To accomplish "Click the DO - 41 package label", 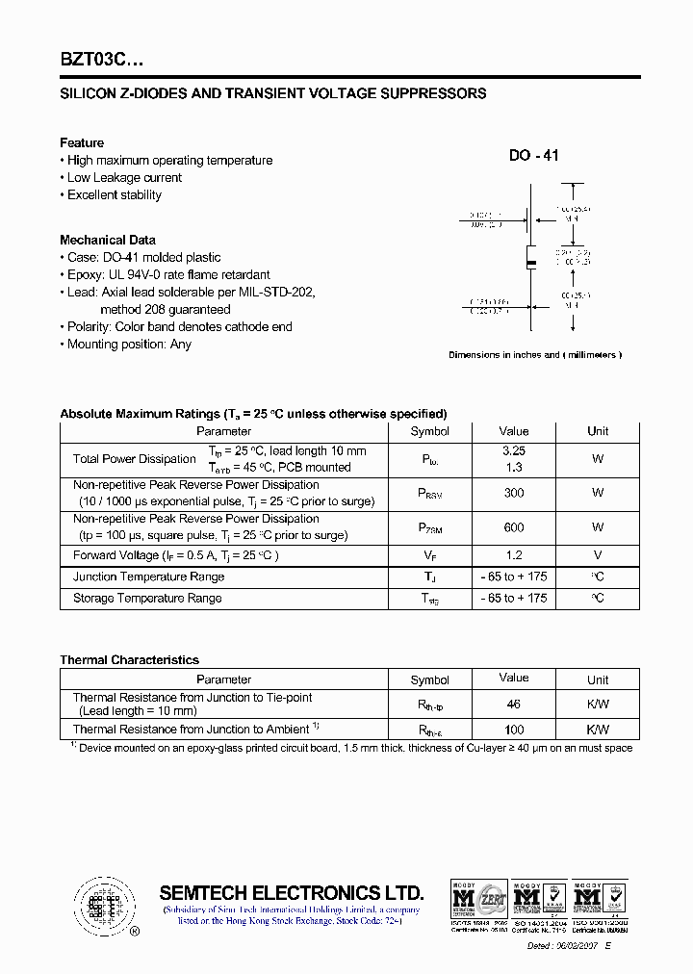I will coord(533,156).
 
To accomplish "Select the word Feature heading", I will coord(82,142).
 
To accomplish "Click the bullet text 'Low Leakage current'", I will coord(124,178).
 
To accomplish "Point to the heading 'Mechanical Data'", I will coord(108,240).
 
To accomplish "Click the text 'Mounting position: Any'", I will coord(129,345).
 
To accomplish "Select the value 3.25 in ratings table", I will coord(513,450).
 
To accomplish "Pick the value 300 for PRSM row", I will coord(513,493).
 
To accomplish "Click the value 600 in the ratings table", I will coord(513,526).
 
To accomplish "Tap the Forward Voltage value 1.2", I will coord(513,555).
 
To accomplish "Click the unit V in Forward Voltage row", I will coord(598,555).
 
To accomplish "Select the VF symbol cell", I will coord(429,556).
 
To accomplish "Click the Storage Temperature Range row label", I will coord(147,599).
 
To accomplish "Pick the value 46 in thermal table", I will coord(513,705).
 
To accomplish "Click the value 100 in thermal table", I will coord(513,730).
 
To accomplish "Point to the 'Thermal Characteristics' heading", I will coord(129,660).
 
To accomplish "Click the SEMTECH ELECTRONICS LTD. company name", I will coord(291,892).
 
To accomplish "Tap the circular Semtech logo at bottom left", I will coord(100,906).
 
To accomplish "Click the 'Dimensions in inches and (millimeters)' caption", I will coord(535,355).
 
